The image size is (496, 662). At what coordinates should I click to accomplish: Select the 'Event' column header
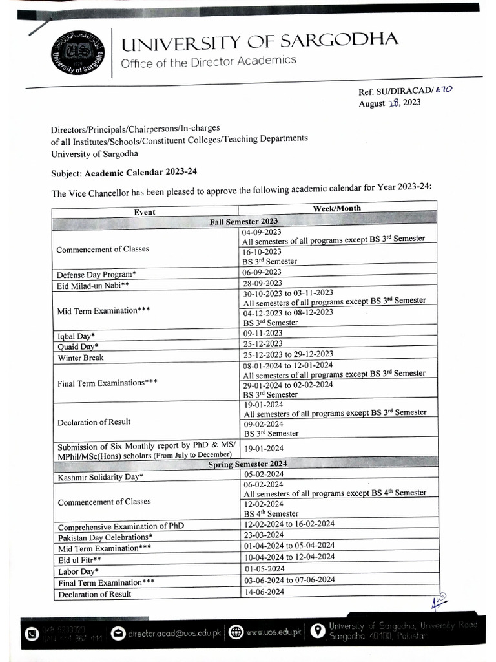coord(145,211)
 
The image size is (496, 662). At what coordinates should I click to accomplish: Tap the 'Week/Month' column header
coord(336,208)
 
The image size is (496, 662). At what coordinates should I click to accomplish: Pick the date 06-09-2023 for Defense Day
coord(262,272)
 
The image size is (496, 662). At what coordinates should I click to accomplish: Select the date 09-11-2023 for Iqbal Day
coord(263,333)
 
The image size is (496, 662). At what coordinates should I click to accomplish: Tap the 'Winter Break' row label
coord(80,358)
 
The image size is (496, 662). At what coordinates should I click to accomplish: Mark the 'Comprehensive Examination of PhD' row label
coord(121,526)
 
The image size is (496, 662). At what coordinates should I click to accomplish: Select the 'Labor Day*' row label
coord(78,571)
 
